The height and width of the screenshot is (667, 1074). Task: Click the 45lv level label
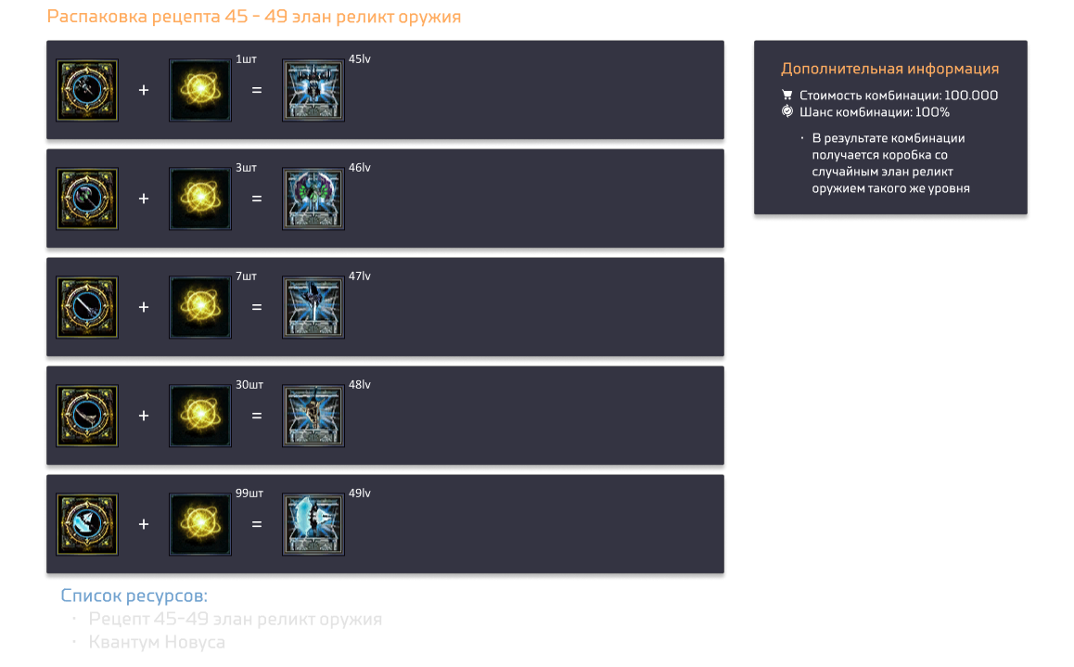[x=360, y=59]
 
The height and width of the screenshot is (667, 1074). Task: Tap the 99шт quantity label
[x=249, y=493]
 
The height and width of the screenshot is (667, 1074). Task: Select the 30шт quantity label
[x=249, y=385]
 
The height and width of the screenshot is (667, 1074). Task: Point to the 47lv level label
[x=360, y=276]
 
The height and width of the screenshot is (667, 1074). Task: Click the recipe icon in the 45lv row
[x=87, y=90]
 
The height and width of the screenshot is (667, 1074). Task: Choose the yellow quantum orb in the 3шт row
[x=200, y=199]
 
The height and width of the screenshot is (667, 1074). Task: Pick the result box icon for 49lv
[x=313, y=524]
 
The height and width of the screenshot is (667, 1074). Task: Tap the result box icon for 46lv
[x=313, y=199]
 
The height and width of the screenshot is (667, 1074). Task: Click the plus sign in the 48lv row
[x=144, y=416]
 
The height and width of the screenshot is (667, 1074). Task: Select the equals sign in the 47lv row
[x=257, y=307]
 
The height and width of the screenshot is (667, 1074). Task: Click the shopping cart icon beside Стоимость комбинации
[x=787, y=96]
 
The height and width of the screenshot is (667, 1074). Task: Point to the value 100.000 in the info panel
[x=970, y=96]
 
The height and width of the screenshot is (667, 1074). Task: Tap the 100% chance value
[x=932, y=112]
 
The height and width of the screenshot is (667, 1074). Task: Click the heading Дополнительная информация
[x=889, y=69]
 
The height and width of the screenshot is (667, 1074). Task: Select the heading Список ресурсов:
[x=134, y=596]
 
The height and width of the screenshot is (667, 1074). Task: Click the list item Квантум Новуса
[x=157, y=642]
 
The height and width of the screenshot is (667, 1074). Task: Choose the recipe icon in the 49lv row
[x=87, y=524]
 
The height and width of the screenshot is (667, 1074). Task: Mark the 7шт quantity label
[x=246, y=276]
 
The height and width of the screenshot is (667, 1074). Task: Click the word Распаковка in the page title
[x=96, y=17]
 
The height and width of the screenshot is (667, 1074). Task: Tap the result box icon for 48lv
[x=313, y=416]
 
